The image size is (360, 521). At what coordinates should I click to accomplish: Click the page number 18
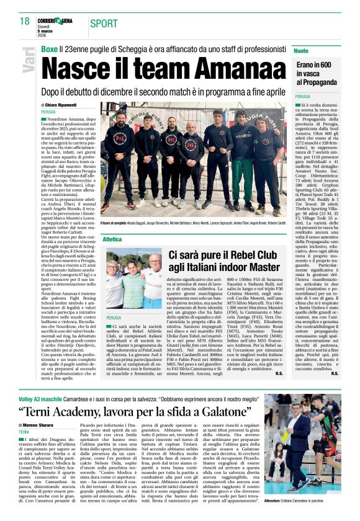click(x=24, y=21)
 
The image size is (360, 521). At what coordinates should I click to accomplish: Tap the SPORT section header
click(x=104, y=24)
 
